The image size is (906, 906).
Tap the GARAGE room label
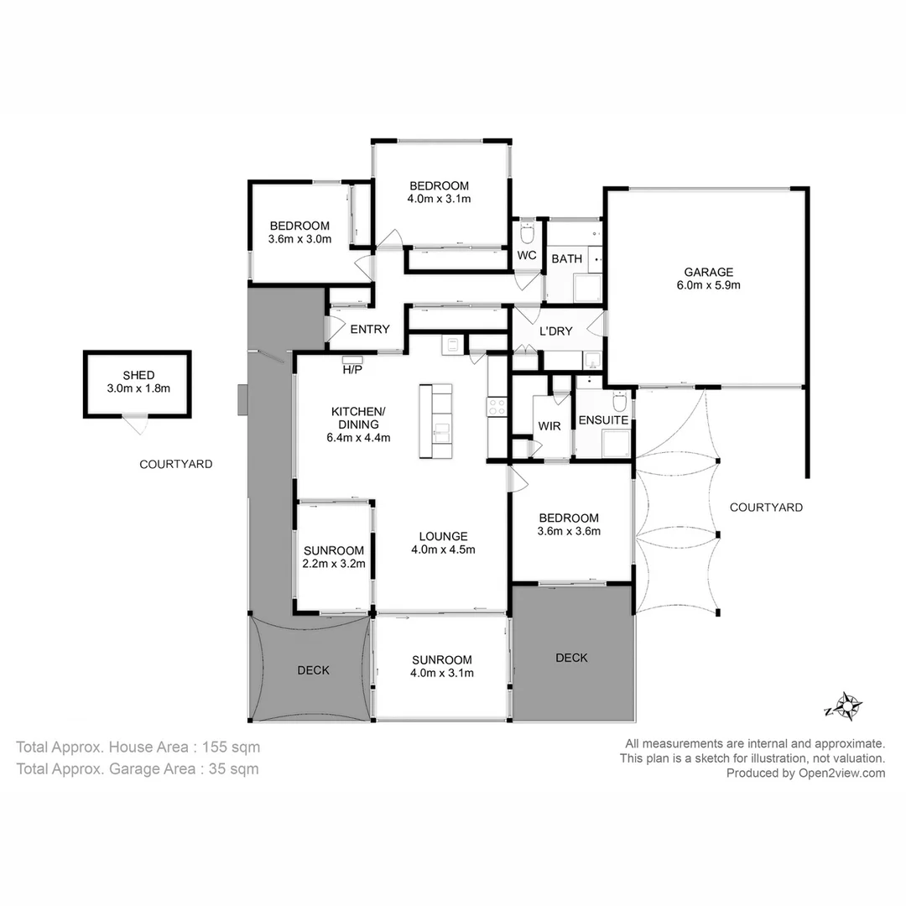(708, 272)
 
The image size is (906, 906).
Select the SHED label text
(138, 375)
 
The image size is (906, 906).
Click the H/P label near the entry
(352, 369)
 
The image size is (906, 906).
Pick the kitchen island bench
(436, 421)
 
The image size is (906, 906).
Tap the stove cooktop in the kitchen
(497, 407)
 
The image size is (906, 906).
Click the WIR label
(549, 426)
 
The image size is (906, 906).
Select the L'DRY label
(555, 331)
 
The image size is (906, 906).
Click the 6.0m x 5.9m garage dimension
(708, 285)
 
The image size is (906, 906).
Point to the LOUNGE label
(444, 537)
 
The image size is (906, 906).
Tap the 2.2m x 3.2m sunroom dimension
(335, 564)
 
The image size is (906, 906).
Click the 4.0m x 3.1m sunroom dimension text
(443, 673)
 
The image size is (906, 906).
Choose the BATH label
(566, 258)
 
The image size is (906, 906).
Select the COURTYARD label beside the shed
(176, 463)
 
